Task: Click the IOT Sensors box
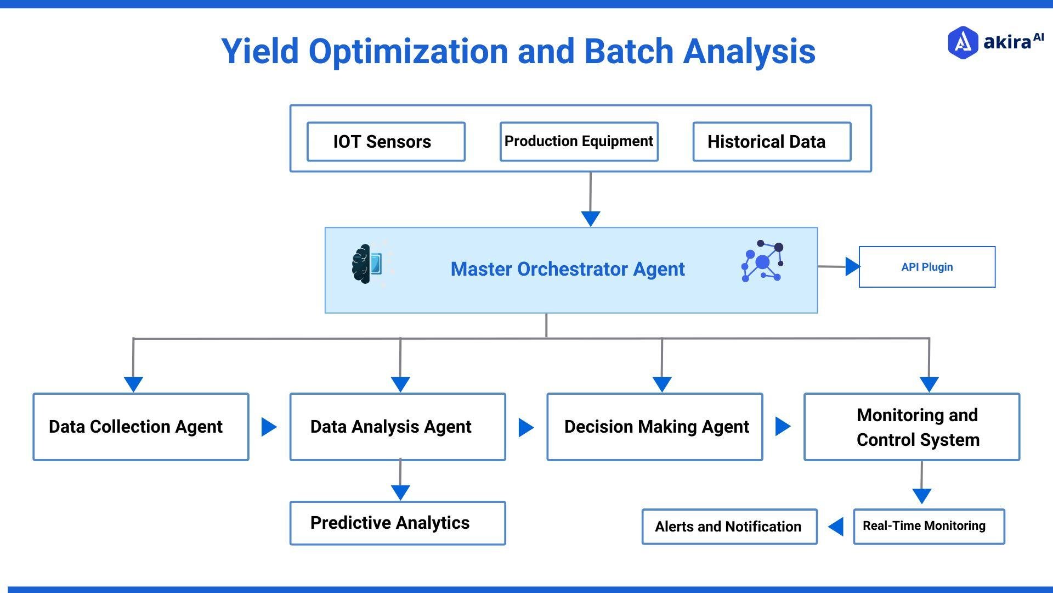click(386, 142)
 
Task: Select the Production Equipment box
click(579, 142)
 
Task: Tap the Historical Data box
click(771, 142)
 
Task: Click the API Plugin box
click(927, 267)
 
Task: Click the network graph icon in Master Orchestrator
click(762, 261)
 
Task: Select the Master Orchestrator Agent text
click(567, 269)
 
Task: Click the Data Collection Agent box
click(140, 427)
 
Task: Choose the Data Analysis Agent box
click(397, 427)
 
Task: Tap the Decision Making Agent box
click(654, 427)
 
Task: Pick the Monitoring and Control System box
click(912, 427)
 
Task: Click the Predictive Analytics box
click(397, 523)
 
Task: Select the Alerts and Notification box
click(729, 527)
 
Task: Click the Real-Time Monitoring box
click(929, 526)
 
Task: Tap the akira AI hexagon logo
click(963, 42)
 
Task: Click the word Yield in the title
click(259, 52)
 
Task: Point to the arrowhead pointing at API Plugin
click(852, 267)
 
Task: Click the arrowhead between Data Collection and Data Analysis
click(268, 427)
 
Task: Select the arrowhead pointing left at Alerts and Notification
click(836, 527)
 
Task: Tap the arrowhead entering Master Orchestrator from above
click(590, 218)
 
